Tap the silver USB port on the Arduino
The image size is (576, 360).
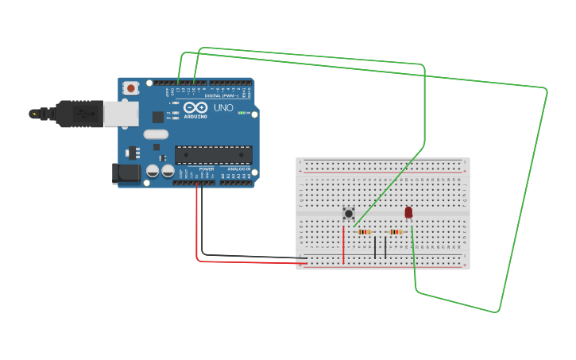pyautogui.click(x=119, y=114)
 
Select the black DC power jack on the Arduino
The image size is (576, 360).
pyautogui.click(x=126, y=172)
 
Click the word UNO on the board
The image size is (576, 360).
pyautogui.click(x=222, y=108)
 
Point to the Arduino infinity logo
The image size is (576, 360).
pyautogui.click(x=195, y=108)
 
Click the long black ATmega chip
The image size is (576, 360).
pyautogui.click(x=214, y=155)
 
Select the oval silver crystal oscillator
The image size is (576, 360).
pyautogui.click(x=156, y=134)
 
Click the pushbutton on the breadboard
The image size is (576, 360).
pyautogui.click(x=348, y=213)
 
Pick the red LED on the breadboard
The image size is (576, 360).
pyautogui.click(x=408, y=212)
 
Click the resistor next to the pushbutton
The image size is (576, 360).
pyautogui.click(x=365, y=232)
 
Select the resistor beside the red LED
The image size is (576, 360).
pyautogui.click(x=396, y=232)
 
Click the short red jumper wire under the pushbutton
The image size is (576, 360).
pyautogui.click(x=344, y=245)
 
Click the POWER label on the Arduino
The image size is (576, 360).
pyautogui.click(x=207, y=168)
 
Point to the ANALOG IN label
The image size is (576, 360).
pyautogui.click(x=239, y=168)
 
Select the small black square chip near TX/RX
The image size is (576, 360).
pyautogui.click(x=157, y=117)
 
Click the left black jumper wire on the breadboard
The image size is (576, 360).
pyautogui.click(x=375, y=247)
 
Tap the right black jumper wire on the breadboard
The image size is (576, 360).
pyautogui.click(x=385, y=247)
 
